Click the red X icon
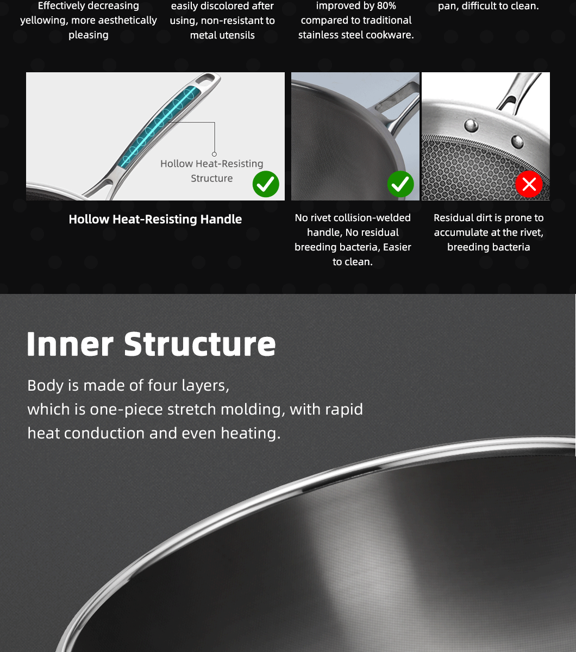529,184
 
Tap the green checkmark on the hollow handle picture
266,184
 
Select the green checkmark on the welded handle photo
400,184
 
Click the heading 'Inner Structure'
151,344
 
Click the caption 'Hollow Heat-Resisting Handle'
155,219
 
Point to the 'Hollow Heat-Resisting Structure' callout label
211,171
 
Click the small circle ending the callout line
214,154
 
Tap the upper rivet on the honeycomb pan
471,125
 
